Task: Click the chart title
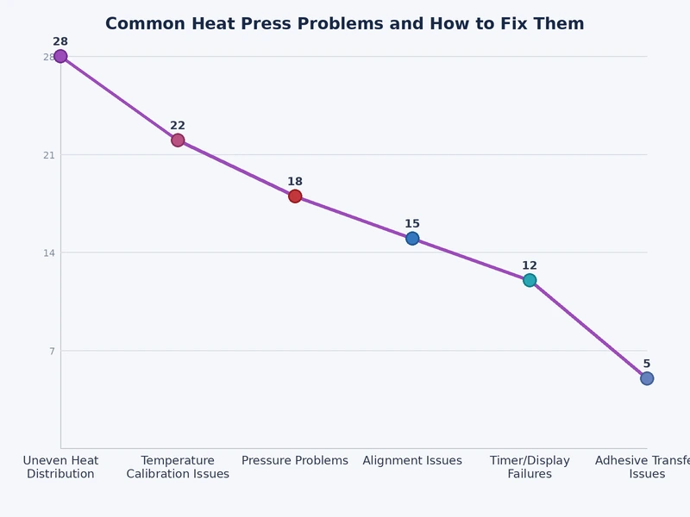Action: [345, 24]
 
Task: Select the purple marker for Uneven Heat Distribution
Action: [60, 57]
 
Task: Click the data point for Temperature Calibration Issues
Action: [178, 140]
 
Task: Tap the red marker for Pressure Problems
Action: [295, 196]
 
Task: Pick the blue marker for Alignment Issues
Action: [412, 239]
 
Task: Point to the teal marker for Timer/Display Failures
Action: [530, 280]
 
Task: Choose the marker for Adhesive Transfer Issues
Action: [647, 378]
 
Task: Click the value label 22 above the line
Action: [178, 126]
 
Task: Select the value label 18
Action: [295, 182]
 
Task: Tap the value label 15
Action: [412, 224]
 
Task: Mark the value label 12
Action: [530, 265]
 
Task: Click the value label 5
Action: [647, 364]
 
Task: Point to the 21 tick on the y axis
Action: [49, 155]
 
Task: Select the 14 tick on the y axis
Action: [49, 253]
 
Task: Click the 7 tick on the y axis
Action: [52, 351]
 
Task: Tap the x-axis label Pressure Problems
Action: [295, 461]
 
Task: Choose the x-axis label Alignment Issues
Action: [412, 461]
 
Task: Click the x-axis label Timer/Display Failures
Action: [530, 467]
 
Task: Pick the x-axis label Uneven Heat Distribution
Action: [60, 467]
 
